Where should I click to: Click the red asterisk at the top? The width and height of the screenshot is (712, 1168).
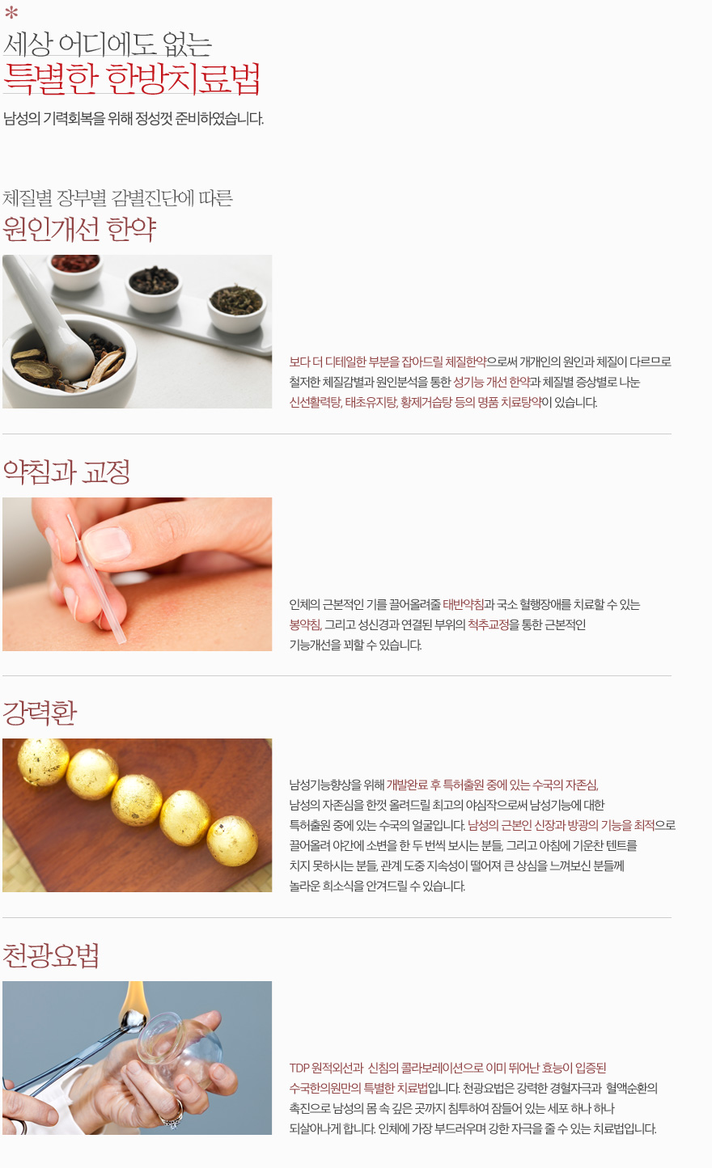(11, 12)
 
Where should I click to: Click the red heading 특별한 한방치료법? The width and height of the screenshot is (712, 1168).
(131, 78)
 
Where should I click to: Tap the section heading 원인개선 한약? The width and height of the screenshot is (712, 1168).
(79, 229)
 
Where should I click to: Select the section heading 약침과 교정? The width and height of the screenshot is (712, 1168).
(66, 472)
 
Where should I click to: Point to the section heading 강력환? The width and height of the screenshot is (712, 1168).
(40, 713)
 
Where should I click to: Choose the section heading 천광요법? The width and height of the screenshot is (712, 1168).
(51, 955)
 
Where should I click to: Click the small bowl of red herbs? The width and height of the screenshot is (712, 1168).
(75, 269)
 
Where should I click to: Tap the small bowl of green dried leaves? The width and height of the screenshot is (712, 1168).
(237, 307)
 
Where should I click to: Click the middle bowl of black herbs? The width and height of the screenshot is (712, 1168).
(154, 288)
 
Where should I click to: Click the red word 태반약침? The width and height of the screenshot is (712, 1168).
(463, 604)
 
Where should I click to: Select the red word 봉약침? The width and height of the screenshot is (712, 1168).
(305, 624)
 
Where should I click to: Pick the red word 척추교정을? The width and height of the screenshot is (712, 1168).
(494, 624)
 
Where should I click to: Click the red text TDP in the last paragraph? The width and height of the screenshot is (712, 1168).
(299, 1068)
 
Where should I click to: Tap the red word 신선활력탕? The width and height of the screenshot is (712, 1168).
(316, 403)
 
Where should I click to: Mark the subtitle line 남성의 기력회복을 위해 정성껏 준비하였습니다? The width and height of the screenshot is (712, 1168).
(133, 119)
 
